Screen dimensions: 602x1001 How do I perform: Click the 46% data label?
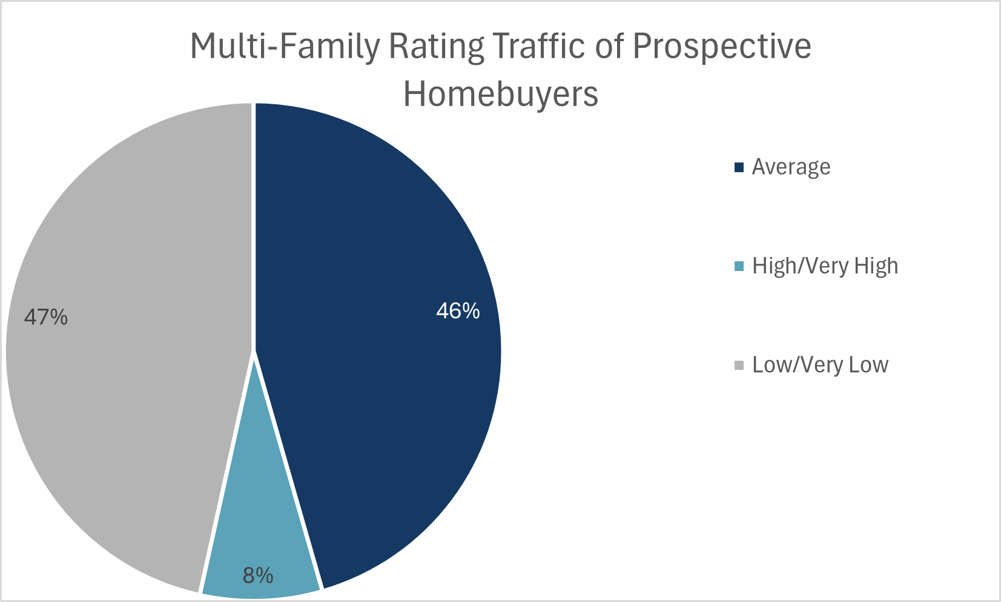[x=458, y=311]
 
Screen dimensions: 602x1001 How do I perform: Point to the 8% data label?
[x=258, y=575]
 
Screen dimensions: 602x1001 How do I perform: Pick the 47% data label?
[x=46, y=316]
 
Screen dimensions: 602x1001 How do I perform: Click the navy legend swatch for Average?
[x=739, y=167]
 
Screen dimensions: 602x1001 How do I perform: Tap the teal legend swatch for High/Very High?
[x=739, y=266]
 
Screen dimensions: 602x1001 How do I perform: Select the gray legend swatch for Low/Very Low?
[x=739, y=365]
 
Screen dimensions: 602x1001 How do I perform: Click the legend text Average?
[x=791, y=167]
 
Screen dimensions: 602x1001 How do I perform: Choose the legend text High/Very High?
[x=825, y=266]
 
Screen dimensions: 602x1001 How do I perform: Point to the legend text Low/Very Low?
[x=820, y=365]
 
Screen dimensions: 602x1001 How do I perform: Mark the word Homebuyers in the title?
[x=501, y=94]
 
